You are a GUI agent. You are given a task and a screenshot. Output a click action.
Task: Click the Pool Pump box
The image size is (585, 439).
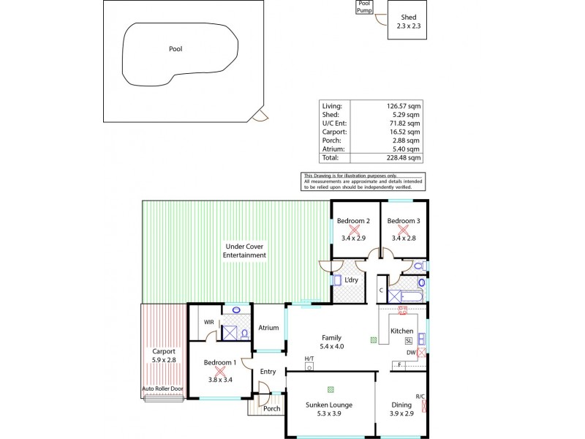click(x=364, y=7)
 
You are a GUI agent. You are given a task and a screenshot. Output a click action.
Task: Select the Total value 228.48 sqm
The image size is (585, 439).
click(x=404, y=157)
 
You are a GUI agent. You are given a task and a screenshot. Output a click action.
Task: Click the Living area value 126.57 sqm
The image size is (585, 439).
click(x=404, y=106)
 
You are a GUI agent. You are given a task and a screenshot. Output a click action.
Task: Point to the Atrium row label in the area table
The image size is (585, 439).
click(x=331, y=149)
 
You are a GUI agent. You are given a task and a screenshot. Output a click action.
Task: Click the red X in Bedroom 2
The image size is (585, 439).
click(x=353, y=229)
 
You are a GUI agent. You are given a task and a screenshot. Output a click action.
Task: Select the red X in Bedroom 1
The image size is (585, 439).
click(x=219, y=372)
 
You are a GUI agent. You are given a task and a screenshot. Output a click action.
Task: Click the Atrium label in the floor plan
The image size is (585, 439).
click(x=268, y=328)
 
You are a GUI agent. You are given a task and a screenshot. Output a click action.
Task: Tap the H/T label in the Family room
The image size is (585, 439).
click(x=309, y=359)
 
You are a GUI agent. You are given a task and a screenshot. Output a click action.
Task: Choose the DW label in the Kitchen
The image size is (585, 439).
click(x=411, y=353)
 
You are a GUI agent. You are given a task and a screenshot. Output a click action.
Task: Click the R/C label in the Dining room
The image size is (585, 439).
click(x=420, y=397)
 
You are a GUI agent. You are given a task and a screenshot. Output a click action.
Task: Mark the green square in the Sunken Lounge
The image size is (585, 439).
click(x=331, y=389)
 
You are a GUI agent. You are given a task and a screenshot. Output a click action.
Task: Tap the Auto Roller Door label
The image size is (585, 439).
click(x=162, y=389)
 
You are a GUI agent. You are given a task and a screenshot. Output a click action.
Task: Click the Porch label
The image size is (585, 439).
click(x=272, y=409)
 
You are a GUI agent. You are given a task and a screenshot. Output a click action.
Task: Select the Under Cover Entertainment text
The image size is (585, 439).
click(x=245, y=250)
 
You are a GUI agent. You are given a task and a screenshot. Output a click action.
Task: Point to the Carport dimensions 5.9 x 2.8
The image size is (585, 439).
click(x=163, y=360)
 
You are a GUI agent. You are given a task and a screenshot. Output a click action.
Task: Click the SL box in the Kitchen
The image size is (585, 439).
click(x=408, y=341)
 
